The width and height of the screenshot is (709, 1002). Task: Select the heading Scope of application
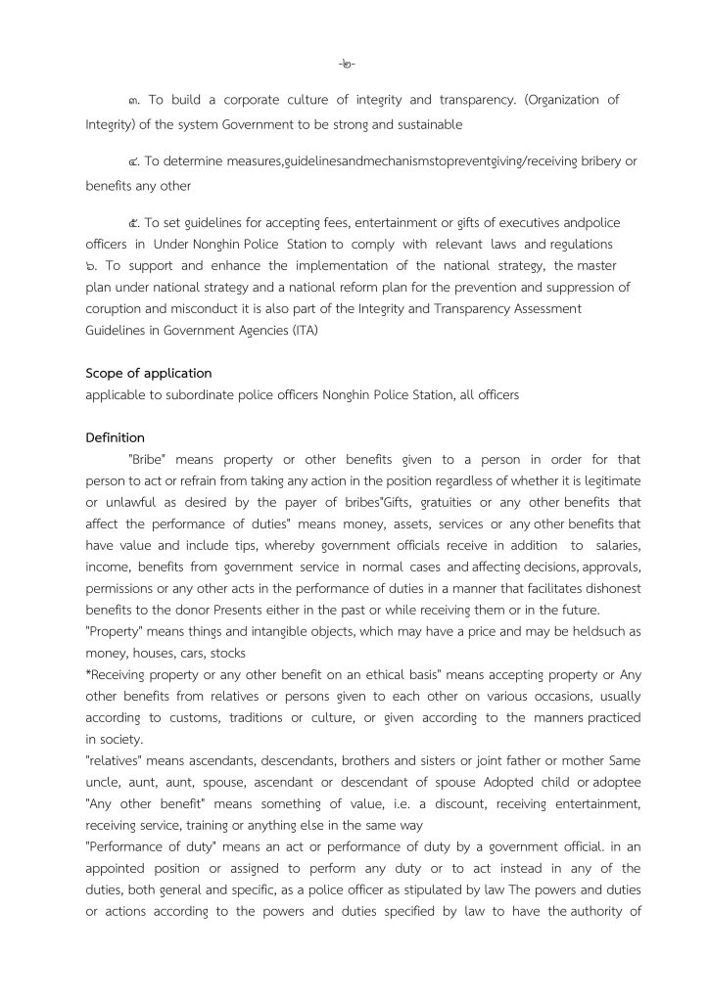(x=148, y=373)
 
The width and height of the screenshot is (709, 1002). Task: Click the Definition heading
(x=115, y=437)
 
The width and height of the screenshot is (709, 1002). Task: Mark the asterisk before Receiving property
(x=89, y=673)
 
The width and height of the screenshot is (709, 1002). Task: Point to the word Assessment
(x=547, y=308)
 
